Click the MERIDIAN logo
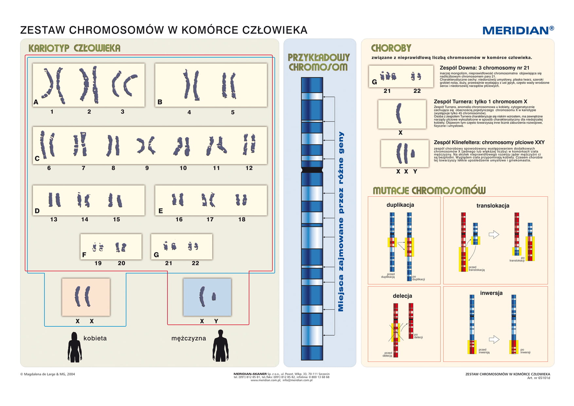point(518,30)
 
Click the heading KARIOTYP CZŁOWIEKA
point(74,48)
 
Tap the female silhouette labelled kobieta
point(75,347)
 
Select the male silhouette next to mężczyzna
point(221,346)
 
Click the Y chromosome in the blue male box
point(214,297)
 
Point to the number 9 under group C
point(147,168)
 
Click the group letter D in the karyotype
point(37,211)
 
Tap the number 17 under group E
point(210,219)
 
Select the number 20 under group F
point(121,263)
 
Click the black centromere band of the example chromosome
point(312,170)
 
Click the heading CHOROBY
point(391,48)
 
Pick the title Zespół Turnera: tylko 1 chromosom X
point(480,101)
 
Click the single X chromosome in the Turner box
point(399,113)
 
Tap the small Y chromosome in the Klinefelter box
point(413,153)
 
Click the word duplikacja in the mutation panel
point(400,205)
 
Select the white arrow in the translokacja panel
point(493,234)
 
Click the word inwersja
point(491,293)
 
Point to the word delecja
point(402,296)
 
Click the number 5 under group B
point(233,112)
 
